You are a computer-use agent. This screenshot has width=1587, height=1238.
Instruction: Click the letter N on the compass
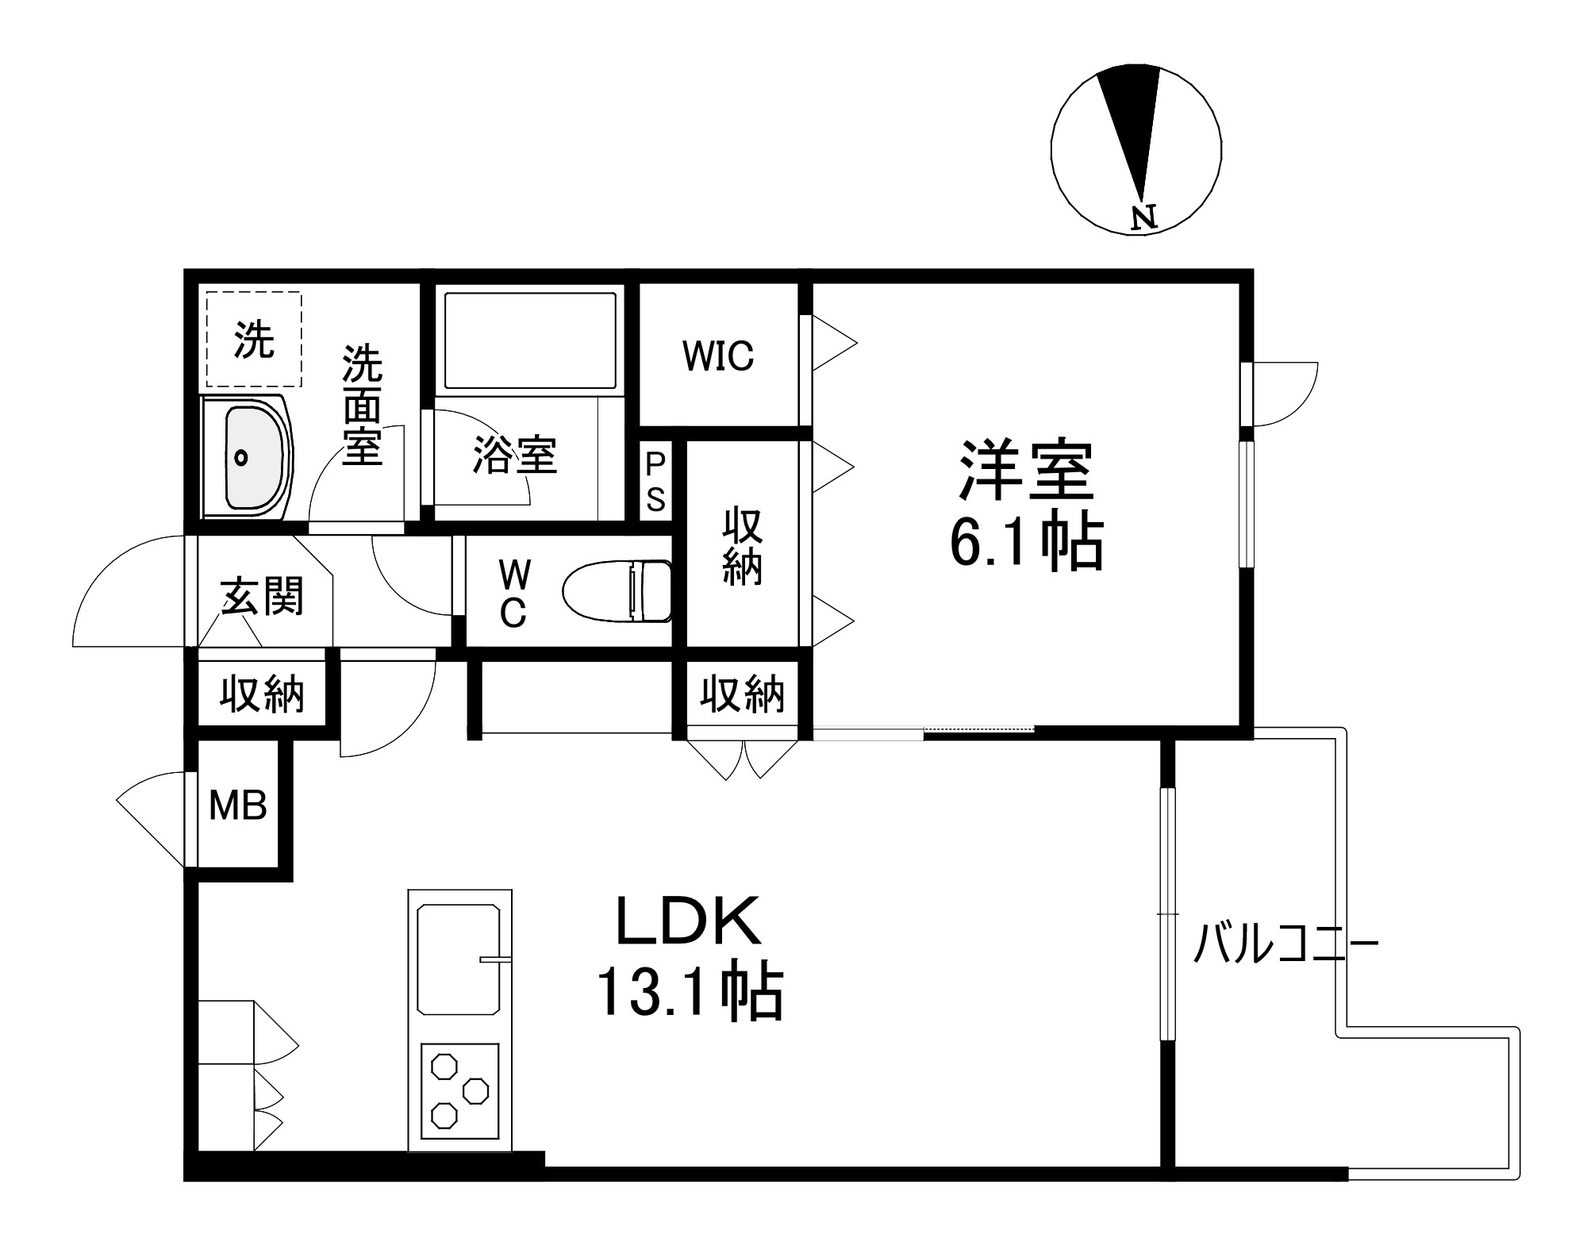pyautogui.click(x=1143, y=217)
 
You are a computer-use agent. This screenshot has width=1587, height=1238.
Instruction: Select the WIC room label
pyautogui.click(x=718, y=356)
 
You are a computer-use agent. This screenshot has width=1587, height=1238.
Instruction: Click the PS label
pyautogui.click(x=655, y=482)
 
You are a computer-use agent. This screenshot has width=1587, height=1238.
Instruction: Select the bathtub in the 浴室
pyautogui.click(x=530, y=341)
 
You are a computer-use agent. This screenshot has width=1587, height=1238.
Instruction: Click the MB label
pyautogui.click(x=237, y=806)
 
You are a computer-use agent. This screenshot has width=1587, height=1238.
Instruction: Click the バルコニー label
pyautogui.click(x=1285, y=944)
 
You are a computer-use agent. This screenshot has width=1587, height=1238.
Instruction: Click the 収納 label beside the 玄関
pyautogui.click(x=262, y=694)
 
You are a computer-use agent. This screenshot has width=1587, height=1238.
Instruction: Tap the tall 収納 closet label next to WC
pyautogui.click(x=742, y=548)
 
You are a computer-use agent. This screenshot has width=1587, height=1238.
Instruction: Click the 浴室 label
pyautogui.click(x=515, y=456)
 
